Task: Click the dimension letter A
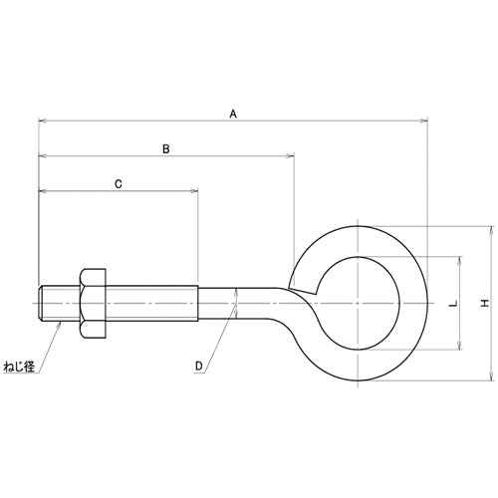[x=233, y=114]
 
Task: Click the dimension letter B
[x=166, y=149]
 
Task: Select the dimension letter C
[x=119, y=184]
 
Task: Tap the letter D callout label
[x=199, y=366]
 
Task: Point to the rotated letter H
[x=485, y=303]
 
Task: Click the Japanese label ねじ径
[x=19, y=367]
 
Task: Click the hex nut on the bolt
[x=93, y=304]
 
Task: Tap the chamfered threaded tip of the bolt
[x=41, y=303]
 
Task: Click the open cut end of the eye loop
[x=302, y=290]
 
